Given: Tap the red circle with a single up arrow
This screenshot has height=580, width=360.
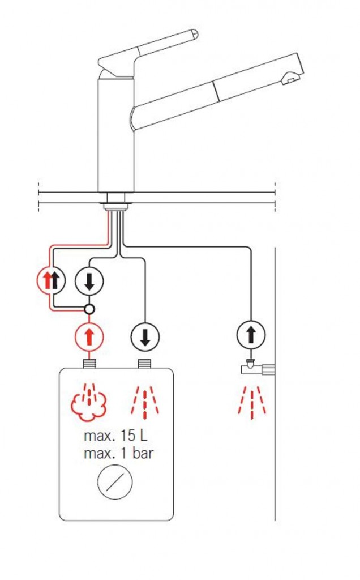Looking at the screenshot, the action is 89,336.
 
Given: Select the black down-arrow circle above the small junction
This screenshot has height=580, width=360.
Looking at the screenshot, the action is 89,281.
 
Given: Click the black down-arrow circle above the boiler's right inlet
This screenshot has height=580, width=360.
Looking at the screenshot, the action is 145,336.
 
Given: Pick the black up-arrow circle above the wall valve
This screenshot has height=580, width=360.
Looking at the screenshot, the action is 251,334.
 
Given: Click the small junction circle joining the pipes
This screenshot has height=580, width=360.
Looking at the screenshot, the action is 89,309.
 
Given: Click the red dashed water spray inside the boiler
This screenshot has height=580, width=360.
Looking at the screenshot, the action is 145,403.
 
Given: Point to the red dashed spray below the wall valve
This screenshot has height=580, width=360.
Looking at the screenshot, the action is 252,403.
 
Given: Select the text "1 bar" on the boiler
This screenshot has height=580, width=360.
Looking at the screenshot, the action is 137,453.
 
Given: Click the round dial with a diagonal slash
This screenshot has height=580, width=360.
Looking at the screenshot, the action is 115,482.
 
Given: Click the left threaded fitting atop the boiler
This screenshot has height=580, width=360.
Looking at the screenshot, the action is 89,364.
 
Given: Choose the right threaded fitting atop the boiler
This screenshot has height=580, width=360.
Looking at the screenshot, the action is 144,364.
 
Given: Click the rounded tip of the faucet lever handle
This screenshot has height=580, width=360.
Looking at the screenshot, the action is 194,35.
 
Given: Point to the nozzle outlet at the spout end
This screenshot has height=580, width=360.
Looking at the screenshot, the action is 290,78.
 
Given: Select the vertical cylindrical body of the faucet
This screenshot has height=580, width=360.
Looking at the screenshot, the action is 115,135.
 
